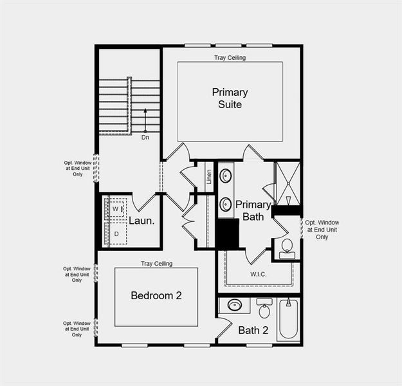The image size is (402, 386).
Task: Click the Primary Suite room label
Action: (230, 98)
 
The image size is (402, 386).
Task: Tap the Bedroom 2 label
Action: (156, 295)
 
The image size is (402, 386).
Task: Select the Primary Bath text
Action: (253, 210)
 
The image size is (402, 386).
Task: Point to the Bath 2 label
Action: (253, 331)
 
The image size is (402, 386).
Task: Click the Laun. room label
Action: (142, 221)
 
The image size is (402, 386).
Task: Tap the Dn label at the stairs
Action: (145, 137)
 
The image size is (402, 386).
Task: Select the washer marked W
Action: (115, 209)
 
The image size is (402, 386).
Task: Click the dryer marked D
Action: (116, 234)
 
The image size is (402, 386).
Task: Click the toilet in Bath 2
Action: (264, 310)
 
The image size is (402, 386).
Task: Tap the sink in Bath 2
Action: (234, 305)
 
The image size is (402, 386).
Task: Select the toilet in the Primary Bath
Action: (287, 246)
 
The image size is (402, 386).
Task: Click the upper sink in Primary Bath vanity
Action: (226, 176)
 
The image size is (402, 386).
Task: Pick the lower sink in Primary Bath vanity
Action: (226, 204)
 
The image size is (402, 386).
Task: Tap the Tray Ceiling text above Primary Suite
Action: (230, 58)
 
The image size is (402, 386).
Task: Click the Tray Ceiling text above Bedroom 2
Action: (156, 264)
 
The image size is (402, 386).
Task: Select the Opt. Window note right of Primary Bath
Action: (322, 230)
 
